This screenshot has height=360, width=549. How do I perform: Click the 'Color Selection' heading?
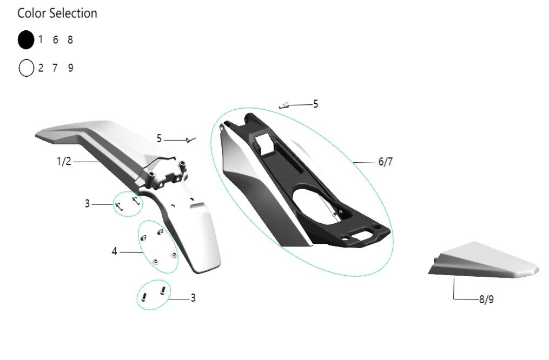coord(57,14)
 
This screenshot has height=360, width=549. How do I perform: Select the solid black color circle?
coord(26,40)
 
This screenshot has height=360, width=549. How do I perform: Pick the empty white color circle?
coord(27,68)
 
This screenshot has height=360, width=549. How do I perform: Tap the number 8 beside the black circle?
coord(70,40)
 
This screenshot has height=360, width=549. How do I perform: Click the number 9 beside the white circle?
coord(70,68)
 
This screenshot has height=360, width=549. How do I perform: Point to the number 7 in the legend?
coord(55,68)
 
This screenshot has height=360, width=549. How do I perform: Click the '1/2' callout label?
coord(64,161)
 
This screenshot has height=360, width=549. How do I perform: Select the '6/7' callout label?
coord(386,162)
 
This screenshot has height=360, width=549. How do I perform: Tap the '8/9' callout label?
coord(486,299)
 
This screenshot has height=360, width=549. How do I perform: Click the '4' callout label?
coord(114,251)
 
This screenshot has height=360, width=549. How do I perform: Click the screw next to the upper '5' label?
coord(284,105)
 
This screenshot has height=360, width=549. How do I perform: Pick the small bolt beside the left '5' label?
coord(191,140)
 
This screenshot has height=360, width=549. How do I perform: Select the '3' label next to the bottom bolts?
coord(193,298)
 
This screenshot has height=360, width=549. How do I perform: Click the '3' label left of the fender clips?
coord(87,203)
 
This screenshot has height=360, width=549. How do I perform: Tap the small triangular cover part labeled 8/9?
coord(484,260)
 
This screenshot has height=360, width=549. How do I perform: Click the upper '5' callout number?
coord(315,104)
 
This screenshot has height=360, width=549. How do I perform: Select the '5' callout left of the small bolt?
coord(159,139)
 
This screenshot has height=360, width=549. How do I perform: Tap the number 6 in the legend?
coord(55,40)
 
